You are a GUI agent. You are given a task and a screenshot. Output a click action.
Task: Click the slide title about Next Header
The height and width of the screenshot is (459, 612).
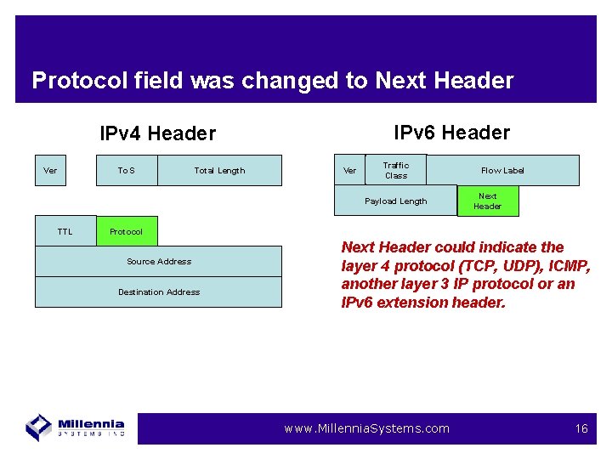pos(272,81)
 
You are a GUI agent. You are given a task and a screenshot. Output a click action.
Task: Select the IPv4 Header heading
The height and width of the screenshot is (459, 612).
pos(157,133)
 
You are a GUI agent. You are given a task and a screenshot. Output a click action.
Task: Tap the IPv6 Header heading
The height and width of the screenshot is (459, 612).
pos(451,133)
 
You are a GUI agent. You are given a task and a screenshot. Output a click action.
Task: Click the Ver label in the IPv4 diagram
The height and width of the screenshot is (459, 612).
pos(50,171)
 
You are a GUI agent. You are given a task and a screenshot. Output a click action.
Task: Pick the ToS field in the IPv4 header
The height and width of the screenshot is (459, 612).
pos(126,171)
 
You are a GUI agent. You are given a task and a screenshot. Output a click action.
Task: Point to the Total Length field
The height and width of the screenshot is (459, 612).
pos(219,171)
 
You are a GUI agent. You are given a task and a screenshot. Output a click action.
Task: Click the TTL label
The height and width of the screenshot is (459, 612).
pos(65,231)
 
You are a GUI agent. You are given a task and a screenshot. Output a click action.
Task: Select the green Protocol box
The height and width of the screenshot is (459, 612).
pos(126,231)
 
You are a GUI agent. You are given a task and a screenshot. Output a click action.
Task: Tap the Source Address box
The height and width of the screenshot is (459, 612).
pos(158,261)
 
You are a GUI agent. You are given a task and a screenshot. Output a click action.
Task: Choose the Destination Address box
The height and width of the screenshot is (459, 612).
pos(158,292)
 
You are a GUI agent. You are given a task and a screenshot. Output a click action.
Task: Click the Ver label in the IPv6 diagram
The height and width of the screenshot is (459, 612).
pos(349,171)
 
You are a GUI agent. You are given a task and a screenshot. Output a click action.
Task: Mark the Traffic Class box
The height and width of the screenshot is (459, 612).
pos(395,170)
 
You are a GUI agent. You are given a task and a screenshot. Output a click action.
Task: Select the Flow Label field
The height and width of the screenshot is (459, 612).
pos(502,171)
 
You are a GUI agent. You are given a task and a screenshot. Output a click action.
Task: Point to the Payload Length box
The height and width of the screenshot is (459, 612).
pos(395,201)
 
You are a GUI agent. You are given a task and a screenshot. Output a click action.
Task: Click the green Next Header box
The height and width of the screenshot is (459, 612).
pos(487,201)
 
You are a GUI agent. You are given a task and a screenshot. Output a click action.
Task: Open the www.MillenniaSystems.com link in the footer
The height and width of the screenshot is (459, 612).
pos(366,428)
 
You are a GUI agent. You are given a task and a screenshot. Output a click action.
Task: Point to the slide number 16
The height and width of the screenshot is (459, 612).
pos(581,428)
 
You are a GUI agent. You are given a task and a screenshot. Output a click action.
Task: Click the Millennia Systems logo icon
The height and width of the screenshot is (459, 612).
pos(39,427)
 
